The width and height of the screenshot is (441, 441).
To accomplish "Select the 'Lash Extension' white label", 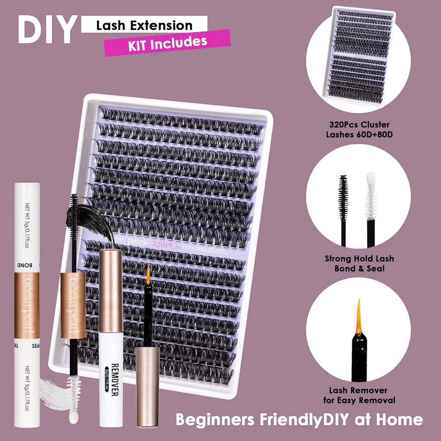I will point(144,25).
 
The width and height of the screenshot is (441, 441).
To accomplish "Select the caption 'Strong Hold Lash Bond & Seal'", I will point(358,264).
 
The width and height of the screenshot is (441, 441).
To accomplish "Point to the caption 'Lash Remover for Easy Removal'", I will point(358,395).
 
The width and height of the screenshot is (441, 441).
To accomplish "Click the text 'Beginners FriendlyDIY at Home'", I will point(299,419).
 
